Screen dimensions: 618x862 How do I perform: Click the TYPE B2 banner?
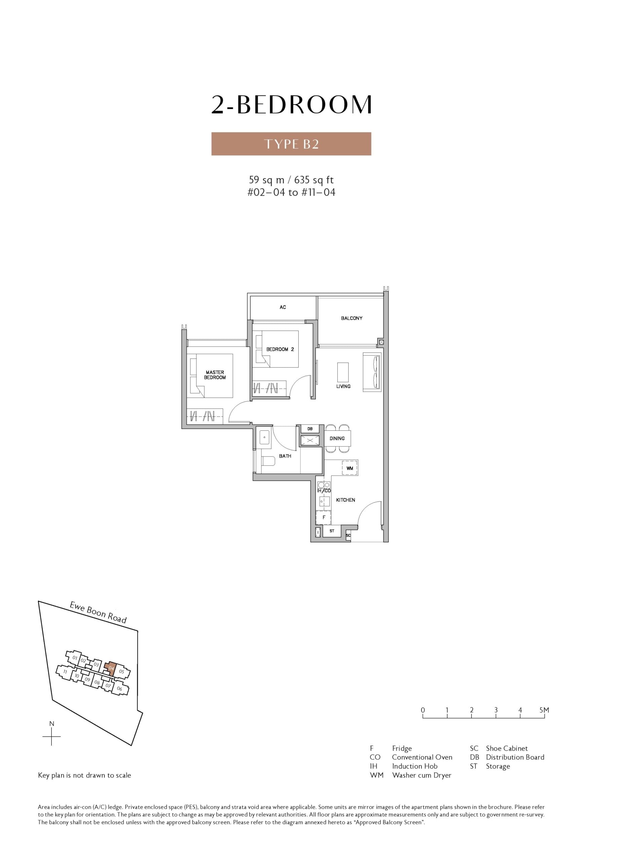tap(291, 144)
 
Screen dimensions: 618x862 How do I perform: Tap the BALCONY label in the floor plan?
tap(351, 318)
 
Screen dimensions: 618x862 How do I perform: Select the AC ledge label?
tap(283, 307)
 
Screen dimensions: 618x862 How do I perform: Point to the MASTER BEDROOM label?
tap(215, 375)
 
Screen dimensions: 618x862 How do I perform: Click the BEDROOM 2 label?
tap(280, 349)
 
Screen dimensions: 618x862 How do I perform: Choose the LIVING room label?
tap(343, 386)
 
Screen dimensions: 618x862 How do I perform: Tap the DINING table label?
tap(337, 438)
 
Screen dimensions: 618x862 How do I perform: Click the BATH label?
tap(285, 456)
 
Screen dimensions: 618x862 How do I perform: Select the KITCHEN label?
tap(346, 500)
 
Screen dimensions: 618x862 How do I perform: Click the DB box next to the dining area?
tap(310, 429)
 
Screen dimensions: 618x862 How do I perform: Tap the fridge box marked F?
tap(324, 517)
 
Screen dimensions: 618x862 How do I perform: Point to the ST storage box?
tap(332, 531)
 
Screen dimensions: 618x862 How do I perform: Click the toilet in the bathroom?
tap(268, 461)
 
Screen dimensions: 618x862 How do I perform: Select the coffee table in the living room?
tap(342, 372)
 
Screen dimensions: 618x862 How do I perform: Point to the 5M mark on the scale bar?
tap(544, 709)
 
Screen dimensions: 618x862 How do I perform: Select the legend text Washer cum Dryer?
tap(422, 775)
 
